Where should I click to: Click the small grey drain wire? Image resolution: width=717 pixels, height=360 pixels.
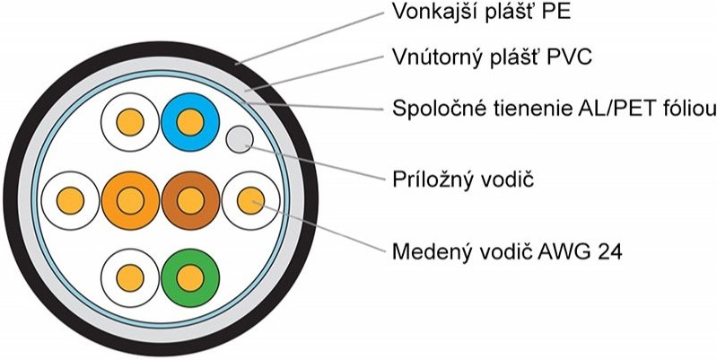coord(239,138)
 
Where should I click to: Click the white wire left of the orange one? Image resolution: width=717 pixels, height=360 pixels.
coord(69,198)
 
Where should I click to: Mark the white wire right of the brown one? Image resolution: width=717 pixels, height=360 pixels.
coord(250,198)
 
